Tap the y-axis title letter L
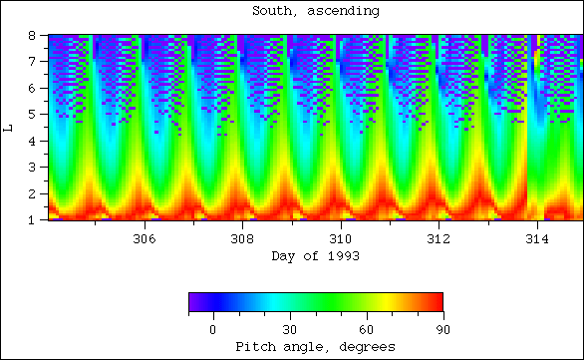click(x=9, y=127)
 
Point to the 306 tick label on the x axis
click(x=144, y=239)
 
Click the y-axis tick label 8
click(x=33, y=36)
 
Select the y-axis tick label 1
click(x=33, y=219)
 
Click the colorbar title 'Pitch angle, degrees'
click(x=315, y=346)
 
